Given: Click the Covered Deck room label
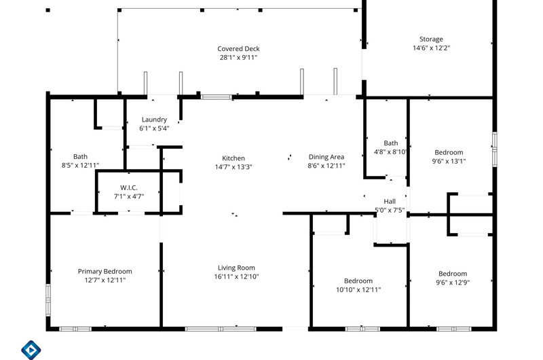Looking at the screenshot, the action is [x=238, y=49].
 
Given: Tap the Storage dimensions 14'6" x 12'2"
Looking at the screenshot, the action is [x=431, y=48].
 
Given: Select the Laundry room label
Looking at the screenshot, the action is [x=154, y=120].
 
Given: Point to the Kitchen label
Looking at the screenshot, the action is [x=233, y=158].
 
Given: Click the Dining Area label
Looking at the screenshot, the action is [x=326, y=157].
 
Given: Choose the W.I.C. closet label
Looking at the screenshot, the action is [x=129, y=187].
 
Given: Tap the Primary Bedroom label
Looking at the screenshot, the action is [x=105, y=272].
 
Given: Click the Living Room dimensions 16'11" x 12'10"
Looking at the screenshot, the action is [x=236, y=276].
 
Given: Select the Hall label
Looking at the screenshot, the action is [x=390, y=201].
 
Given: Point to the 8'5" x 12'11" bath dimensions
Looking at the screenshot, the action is [x=80, y=166].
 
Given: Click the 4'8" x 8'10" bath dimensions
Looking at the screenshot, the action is [x=391, y=151].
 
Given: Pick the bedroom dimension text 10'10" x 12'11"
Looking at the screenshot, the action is [x=358, y=289].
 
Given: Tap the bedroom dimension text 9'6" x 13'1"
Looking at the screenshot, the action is [x=449, y=161].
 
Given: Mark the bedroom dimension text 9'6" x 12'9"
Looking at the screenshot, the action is [x=453, y=283].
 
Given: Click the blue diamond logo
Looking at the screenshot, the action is [x=31, y=350].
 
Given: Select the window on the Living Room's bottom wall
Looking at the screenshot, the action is [x=221, y=329].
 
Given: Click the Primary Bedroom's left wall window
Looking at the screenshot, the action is [x=48, y=300].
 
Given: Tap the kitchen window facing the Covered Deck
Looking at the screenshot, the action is [x=216, y=97].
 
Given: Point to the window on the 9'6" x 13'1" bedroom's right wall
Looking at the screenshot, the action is [x=495, y=149].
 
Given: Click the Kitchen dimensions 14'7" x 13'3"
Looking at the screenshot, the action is [x=233, y=167].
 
